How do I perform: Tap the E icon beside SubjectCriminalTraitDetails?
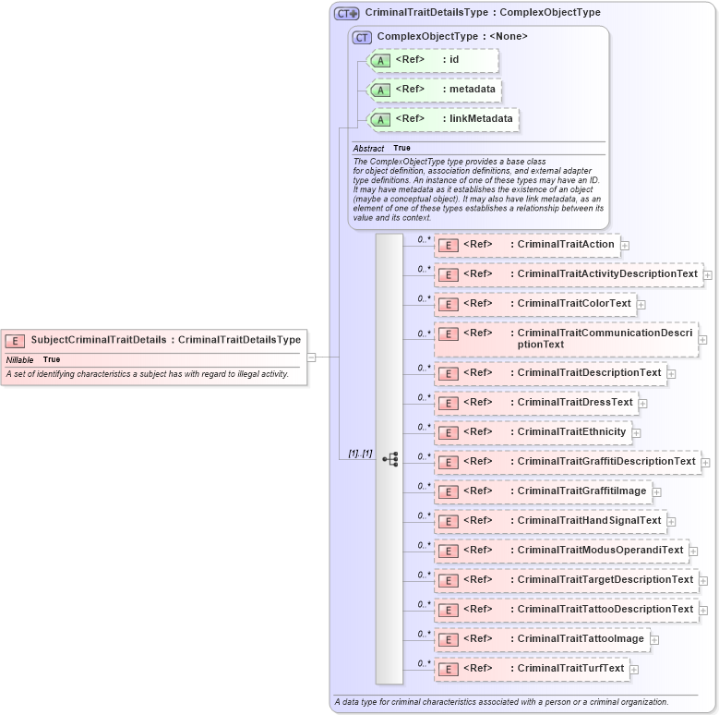coord(15,341)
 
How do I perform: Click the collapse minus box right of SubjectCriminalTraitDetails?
coord(312,357)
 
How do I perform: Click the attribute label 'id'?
coord(454,59)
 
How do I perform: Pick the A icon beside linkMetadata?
coord(379,119)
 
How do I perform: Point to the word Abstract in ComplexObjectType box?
coord(368,148)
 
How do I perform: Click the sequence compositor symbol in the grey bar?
coord(389,459)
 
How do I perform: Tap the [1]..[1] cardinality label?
coord(360,454)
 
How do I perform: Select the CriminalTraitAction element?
coord(565,244)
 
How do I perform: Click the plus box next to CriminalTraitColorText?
coord(641,305)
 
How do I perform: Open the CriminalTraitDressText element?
coord(575,402)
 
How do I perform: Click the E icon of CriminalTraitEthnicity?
coord(448,432)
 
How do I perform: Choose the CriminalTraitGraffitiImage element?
coord(581,491)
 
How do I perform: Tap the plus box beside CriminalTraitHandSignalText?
coord(671,522)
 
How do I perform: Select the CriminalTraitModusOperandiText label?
coord(600,550)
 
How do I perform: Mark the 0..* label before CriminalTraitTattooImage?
coord(424,634)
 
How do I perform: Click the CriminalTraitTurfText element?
coord(570,668)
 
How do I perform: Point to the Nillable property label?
coord(20,359)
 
